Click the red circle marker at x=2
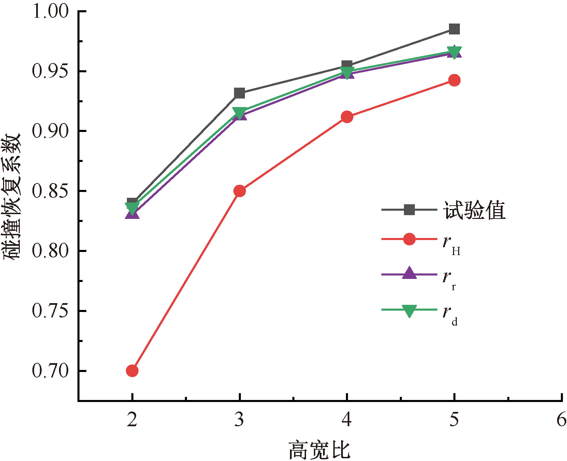(x=132, y=371)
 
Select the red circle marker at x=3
(x=239, y=191)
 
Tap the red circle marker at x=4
(x=347, y=117)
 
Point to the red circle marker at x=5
(x=454, y=80)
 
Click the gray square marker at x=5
(x=454, y=29)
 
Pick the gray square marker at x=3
(x=239, y=93)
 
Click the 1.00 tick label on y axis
(x=50, y=11)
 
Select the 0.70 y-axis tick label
(x=50, y=371)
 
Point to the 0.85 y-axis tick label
(x=50, y=191)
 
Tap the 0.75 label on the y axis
(x=50, y=311)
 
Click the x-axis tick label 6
(x=561, y=419)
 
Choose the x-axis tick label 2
(x=132, y=419)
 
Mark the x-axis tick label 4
(x=347, y=419)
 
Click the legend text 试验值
(x=474, y=210)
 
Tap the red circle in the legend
(x=409, y=239)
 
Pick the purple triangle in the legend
(x=409, y=274)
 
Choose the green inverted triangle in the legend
(x=409, y=311)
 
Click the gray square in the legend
(x=409, y=210)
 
